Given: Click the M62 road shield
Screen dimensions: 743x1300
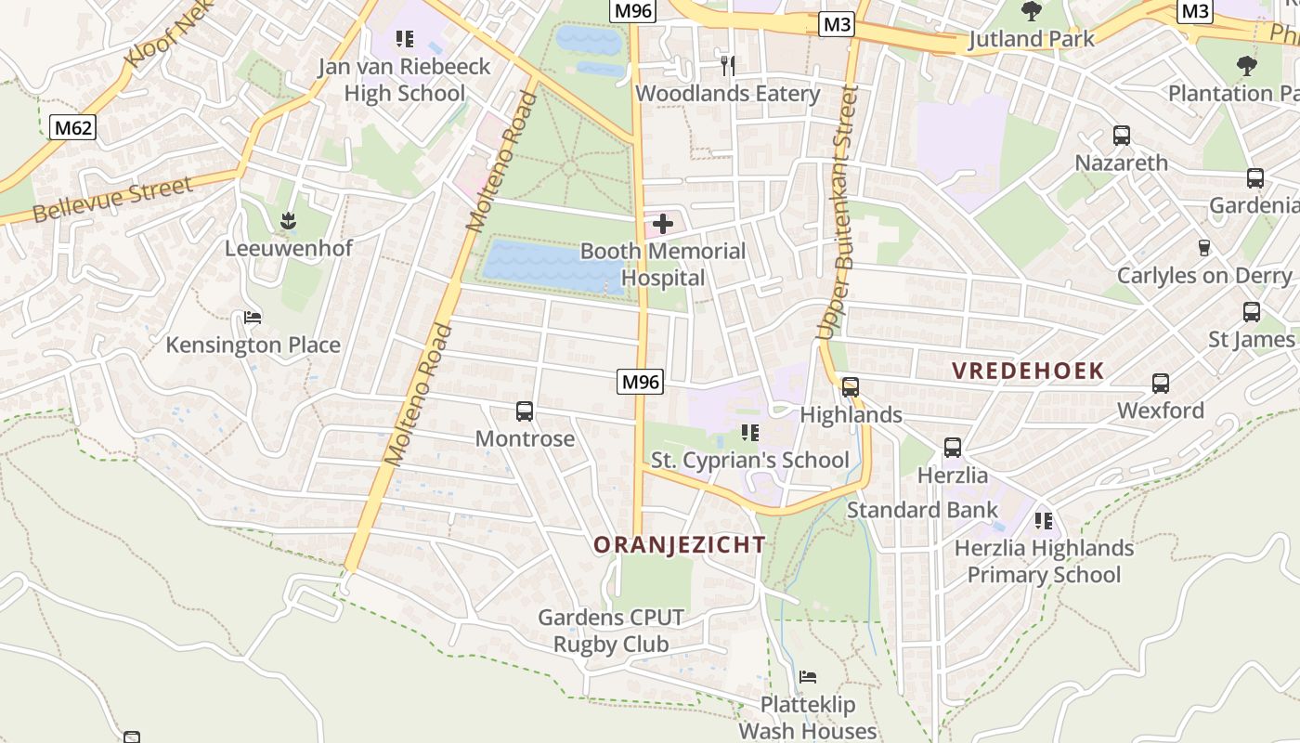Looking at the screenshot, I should click(x=73, y=127).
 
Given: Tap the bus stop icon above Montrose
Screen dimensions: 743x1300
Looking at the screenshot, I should click(x=525, y=411).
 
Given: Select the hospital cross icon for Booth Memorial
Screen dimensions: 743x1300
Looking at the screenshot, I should click(x=663, y=223).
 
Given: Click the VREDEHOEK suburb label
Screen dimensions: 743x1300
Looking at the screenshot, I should click(x=1028, y=371).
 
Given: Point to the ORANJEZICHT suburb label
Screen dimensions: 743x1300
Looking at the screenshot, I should click(x=680, y=545).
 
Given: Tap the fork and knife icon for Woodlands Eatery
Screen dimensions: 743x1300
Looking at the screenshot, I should click(x=728, y=65).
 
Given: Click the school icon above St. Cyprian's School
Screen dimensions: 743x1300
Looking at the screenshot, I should click(x=750, y=433).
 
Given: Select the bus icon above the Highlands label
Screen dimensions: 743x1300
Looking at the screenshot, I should click(x=851, y=387).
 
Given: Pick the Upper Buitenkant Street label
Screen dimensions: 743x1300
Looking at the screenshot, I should click(x=835, y=214).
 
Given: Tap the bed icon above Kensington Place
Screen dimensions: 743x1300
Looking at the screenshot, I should click(x=253, y=318).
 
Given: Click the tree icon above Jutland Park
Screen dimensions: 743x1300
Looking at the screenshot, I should click(x=1032, y=11).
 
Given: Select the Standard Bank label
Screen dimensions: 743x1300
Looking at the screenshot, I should click(x=922, y=510).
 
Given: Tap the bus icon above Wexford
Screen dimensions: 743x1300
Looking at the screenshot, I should click(x=1161, y=384).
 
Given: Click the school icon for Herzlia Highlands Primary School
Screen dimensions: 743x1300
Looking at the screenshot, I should click(x=1044, y=521).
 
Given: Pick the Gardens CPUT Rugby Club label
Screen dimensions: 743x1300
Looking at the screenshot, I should click(x=611, y=631).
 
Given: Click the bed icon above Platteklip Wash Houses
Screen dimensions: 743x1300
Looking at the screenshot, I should click(x=808, y=677).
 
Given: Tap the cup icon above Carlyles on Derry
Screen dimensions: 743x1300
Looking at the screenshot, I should click(x=1204, y=248).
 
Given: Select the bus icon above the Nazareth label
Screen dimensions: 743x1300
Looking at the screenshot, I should click(x=1122, y=136).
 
